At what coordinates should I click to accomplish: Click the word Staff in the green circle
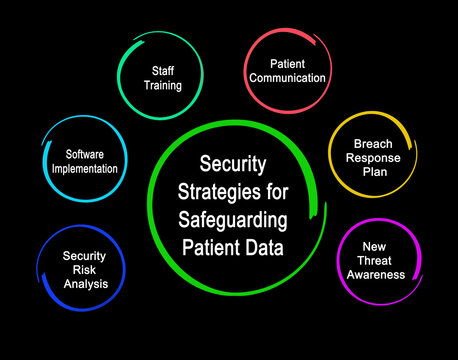[166, 71]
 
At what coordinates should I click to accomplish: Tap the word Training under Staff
[166, 85]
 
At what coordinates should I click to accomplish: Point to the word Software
[85, 154]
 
